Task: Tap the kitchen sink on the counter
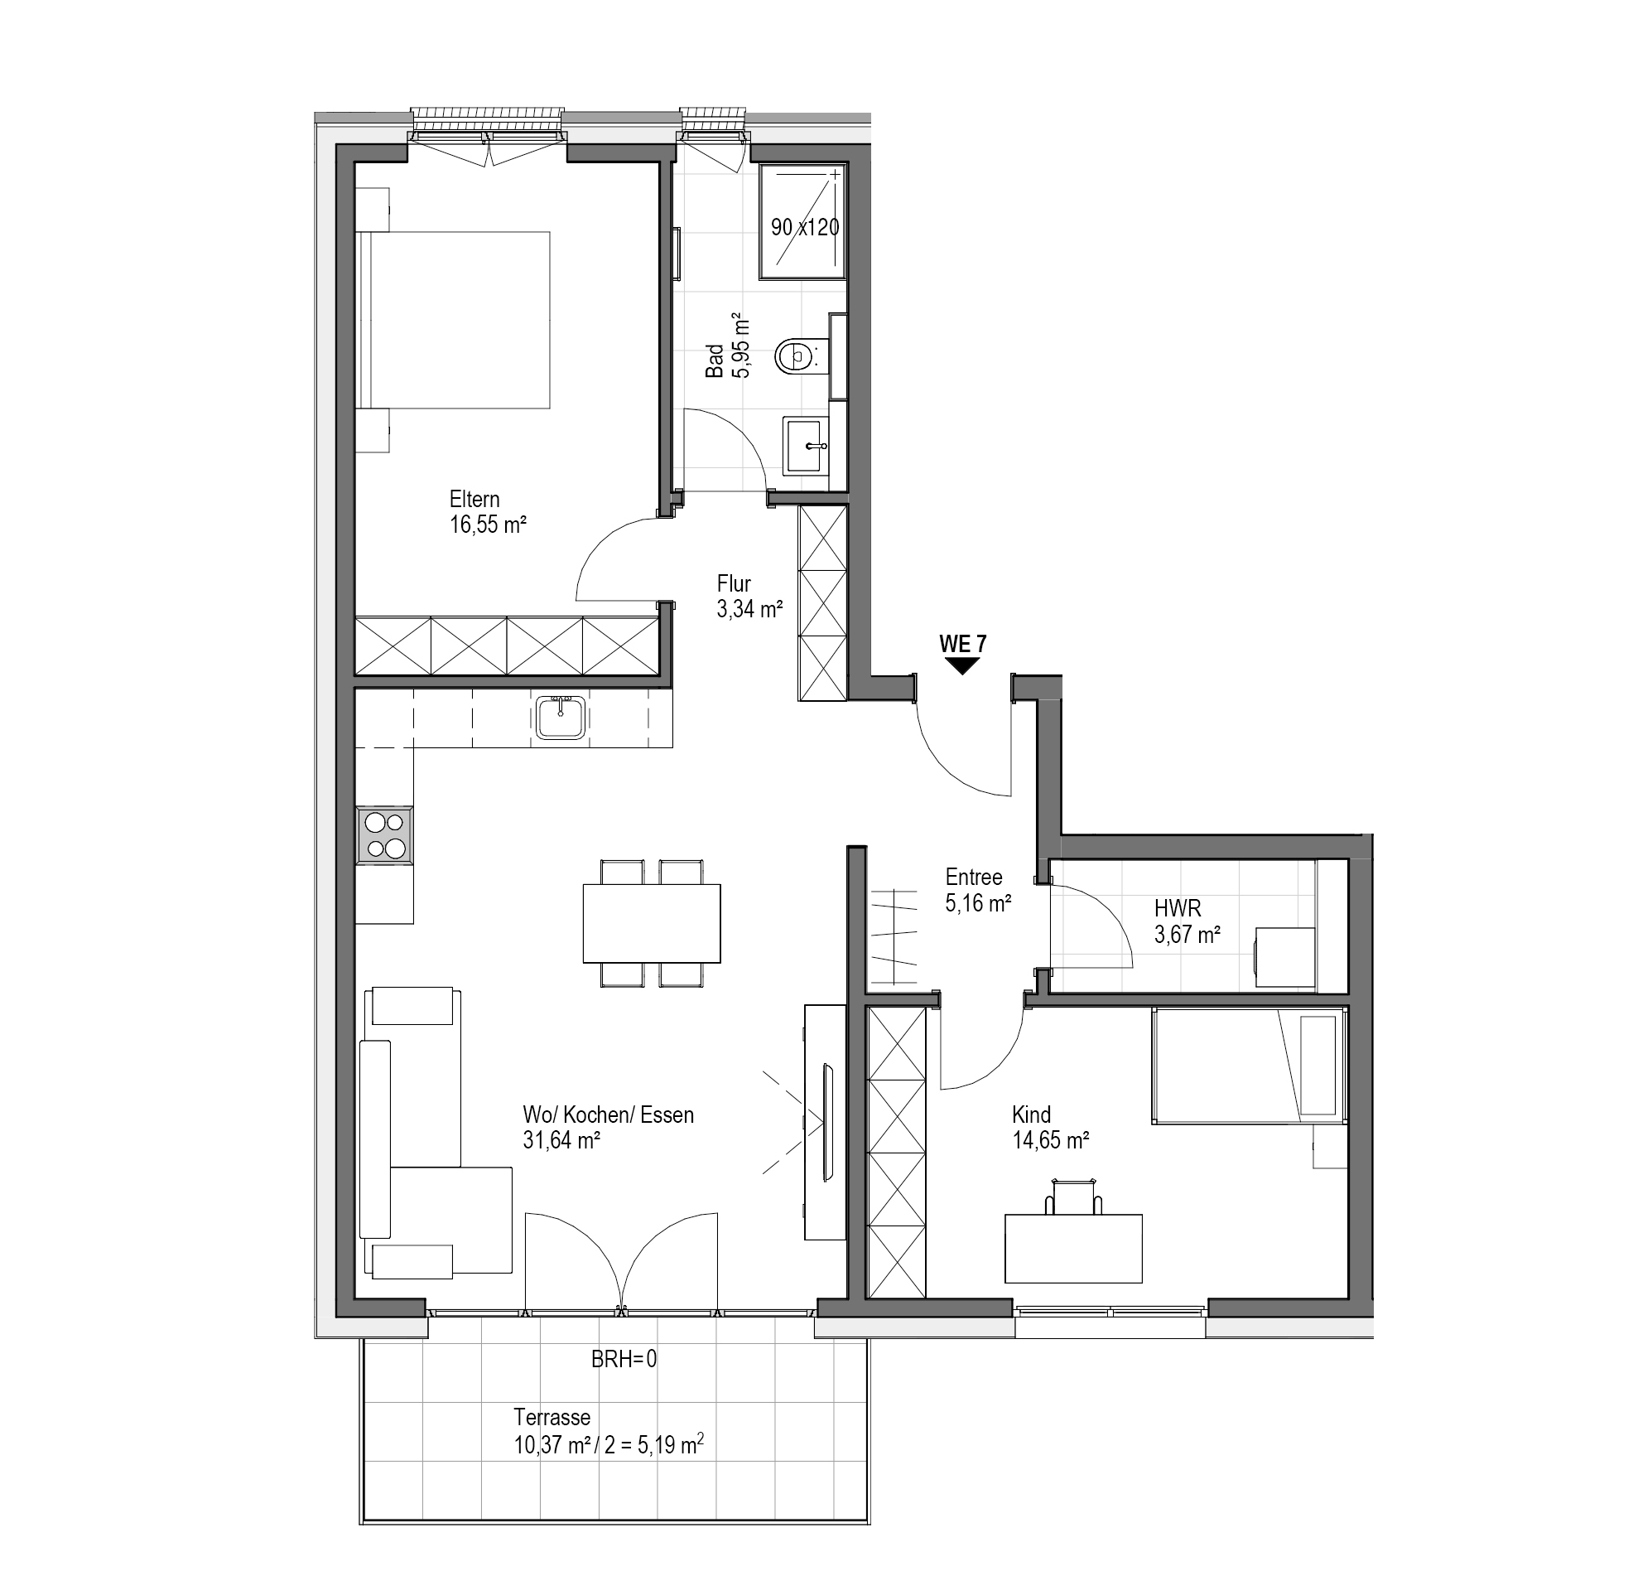[561, 717]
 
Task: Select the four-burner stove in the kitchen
[384, 834]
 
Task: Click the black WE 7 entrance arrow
[963, 665]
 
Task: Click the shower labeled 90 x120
[803, 222]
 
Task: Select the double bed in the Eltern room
[453, 320]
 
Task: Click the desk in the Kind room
[1073, 1248]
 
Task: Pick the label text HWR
[1178, 909]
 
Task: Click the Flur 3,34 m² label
[749, 596]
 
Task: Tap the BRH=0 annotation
[624, 1359]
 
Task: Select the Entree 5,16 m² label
[979, 890]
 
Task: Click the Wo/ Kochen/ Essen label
[609, 1114]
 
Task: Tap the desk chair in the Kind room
[1073, 1196]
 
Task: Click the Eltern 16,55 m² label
[488, 512]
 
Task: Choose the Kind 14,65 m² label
[1051, 1127]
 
